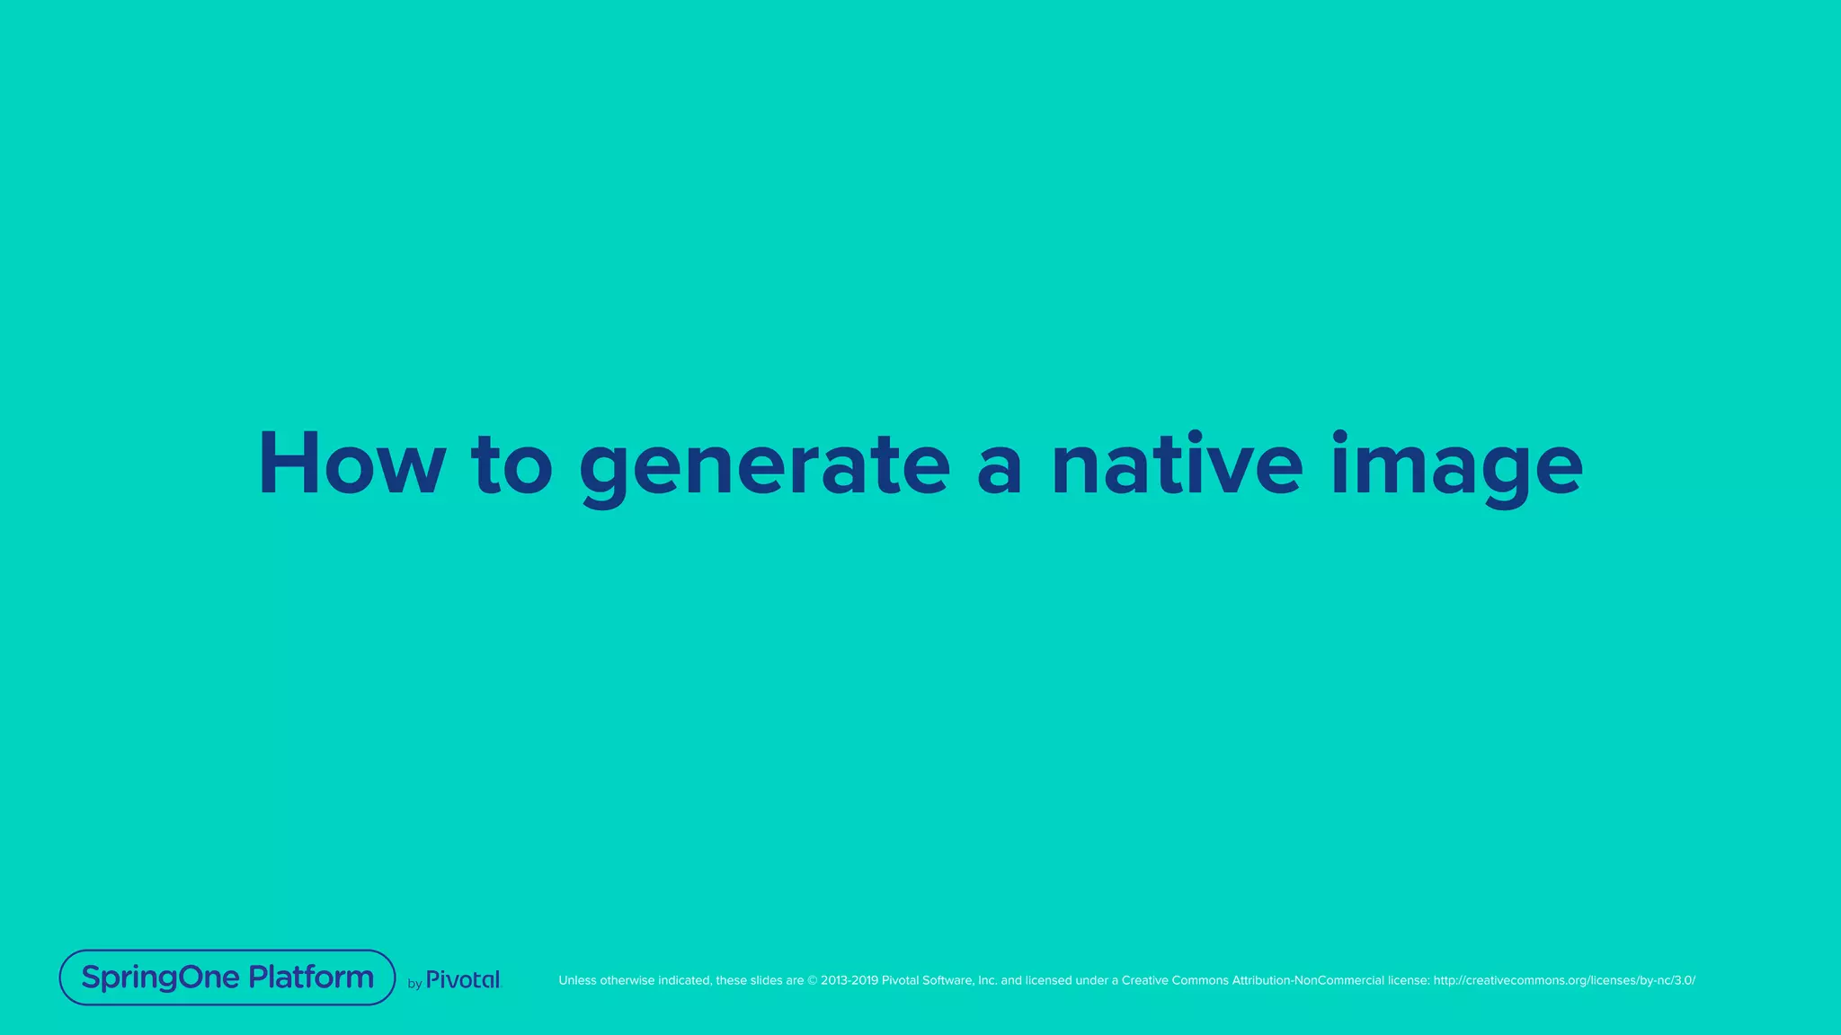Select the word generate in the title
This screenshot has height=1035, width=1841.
tap(764, 467)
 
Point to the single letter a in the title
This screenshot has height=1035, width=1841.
tap(999, 469)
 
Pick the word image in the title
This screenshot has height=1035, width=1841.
tap(1456, 467)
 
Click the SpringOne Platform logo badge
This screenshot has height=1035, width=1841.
tap(227, 977)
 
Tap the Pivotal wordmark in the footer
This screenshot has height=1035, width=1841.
tap(463, 980)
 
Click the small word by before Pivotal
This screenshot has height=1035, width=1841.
tap(414, 984)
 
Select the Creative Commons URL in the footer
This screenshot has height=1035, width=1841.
tap(1564, 980)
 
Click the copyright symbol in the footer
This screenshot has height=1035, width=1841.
tap(812, 980)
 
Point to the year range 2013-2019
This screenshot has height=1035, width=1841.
tap(849, 980)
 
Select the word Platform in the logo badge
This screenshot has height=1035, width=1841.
tap(311, 977)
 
